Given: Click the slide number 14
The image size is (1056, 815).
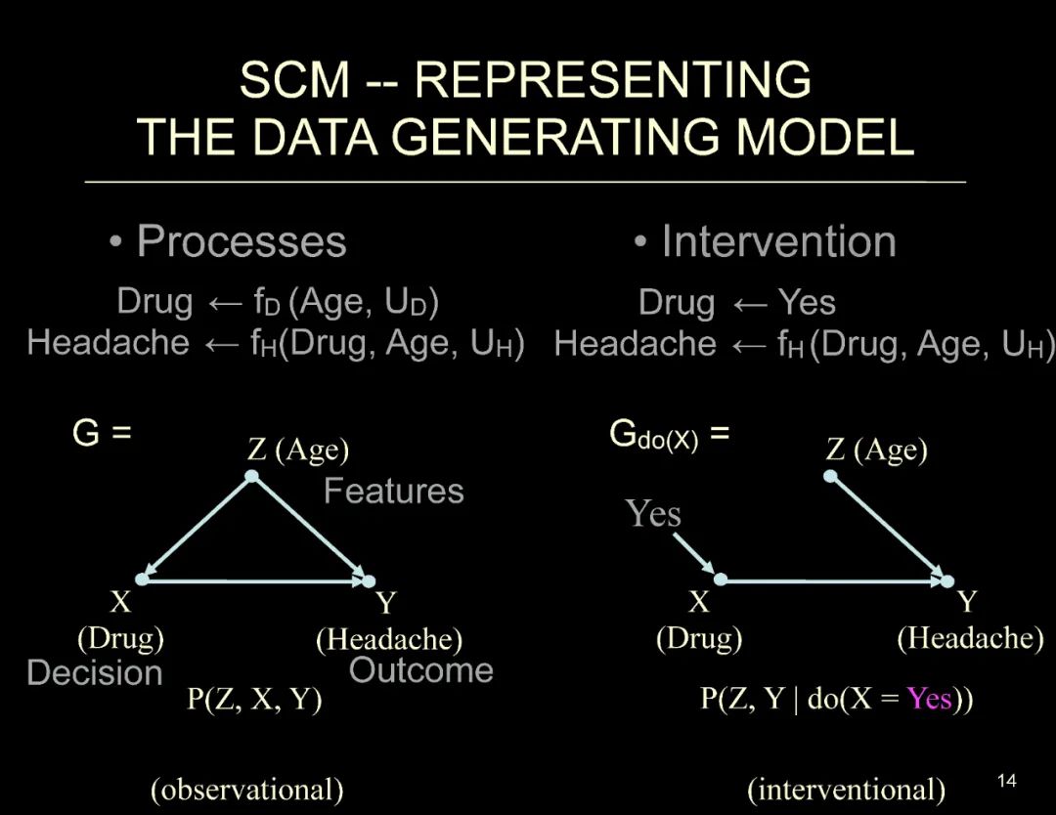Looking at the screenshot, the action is (1006, 780).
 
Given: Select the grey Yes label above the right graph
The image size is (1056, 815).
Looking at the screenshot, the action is (654, 513).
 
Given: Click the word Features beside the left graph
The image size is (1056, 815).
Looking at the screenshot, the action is (393, 491).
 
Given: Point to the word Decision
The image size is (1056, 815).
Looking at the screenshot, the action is (94, 672).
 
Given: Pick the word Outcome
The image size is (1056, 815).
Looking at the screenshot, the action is (420, 670).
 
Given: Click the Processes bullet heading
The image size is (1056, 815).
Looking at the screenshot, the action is (241, 241).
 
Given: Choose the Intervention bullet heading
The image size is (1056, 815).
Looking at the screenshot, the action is (777, 241).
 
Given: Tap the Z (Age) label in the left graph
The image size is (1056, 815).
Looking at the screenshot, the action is (298, 450).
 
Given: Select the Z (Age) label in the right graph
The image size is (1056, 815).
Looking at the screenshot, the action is (876, 450).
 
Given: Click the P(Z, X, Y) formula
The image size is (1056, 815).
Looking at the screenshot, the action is (254, 700).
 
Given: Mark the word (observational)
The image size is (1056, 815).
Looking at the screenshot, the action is (246, 790).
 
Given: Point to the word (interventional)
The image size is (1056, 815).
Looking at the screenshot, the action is (846, 790).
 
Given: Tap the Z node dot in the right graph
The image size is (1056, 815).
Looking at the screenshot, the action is (830, 476).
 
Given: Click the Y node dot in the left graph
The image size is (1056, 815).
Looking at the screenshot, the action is (369, 580).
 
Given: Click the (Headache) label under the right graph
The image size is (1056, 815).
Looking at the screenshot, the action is (969, 638).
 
